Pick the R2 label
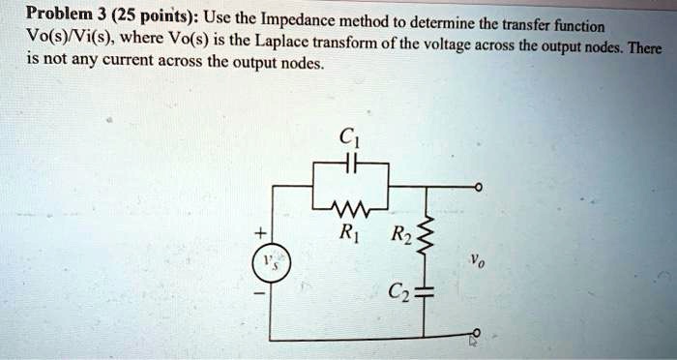(398, 233)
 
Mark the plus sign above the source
(259, 233)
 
